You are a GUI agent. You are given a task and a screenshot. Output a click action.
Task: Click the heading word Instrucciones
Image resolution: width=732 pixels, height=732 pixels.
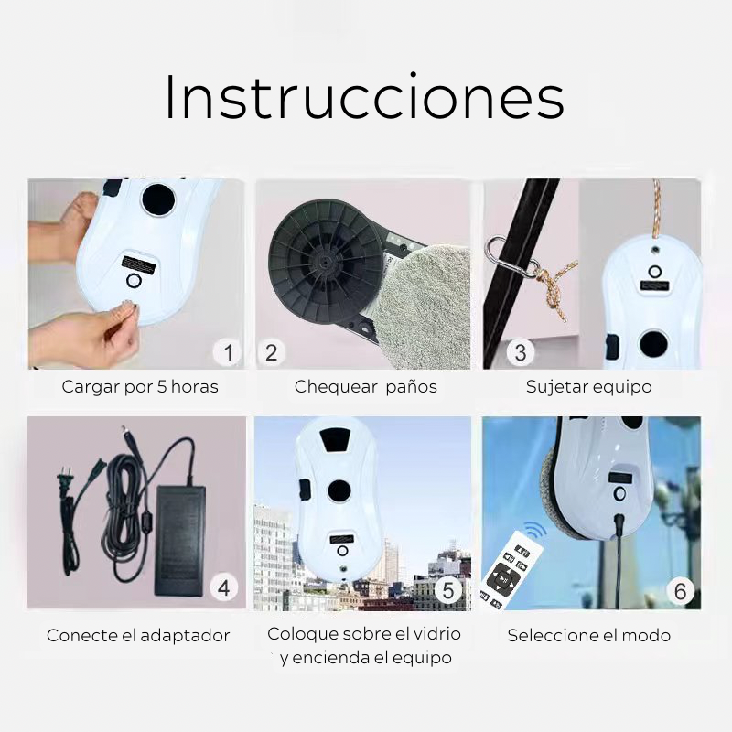[364, 97]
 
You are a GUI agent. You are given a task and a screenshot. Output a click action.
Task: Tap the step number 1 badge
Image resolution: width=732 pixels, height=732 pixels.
[228, 352]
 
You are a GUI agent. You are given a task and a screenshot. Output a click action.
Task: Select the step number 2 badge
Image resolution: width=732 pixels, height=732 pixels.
[271, 352]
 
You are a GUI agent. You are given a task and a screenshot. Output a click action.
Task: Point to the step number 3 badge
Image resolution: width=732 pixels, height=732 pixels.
[521, 352]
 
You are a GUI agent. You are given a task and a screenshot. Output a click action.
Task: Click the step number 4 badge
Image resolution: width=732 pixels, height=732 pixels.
[223, 587]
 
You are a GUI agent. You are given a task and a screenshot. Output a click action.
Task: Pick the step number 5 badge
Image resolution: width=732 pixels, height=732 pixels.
[448, 590]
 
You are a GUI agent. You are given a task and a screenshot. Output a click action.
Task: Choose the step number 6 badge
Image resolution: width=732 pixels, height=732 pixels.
[680, 591]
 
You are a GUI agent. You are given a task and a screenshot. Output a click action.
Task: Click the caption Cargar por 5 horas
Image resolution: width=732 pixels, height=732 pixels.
[140, 387]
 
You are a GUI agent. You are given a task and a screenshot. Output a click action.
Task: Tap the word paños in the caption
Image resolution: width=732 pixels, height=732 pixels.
[411, 387]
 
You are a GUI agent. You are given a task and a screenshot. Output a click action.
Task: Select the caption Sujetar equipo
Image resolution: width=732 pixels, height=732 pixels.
[588, 387]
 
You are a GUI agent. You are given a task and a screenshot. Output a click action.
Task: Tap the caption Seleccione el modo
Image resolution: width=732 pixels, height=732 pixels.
[589, 635]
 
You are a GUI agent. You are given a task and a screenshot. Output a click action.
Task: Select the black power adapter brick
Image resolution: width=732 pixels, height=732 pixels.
[179, 541]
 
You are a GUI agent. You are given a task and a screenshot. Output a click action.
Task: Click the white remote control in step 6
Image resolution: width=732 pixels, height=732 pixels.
[511, 570]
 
